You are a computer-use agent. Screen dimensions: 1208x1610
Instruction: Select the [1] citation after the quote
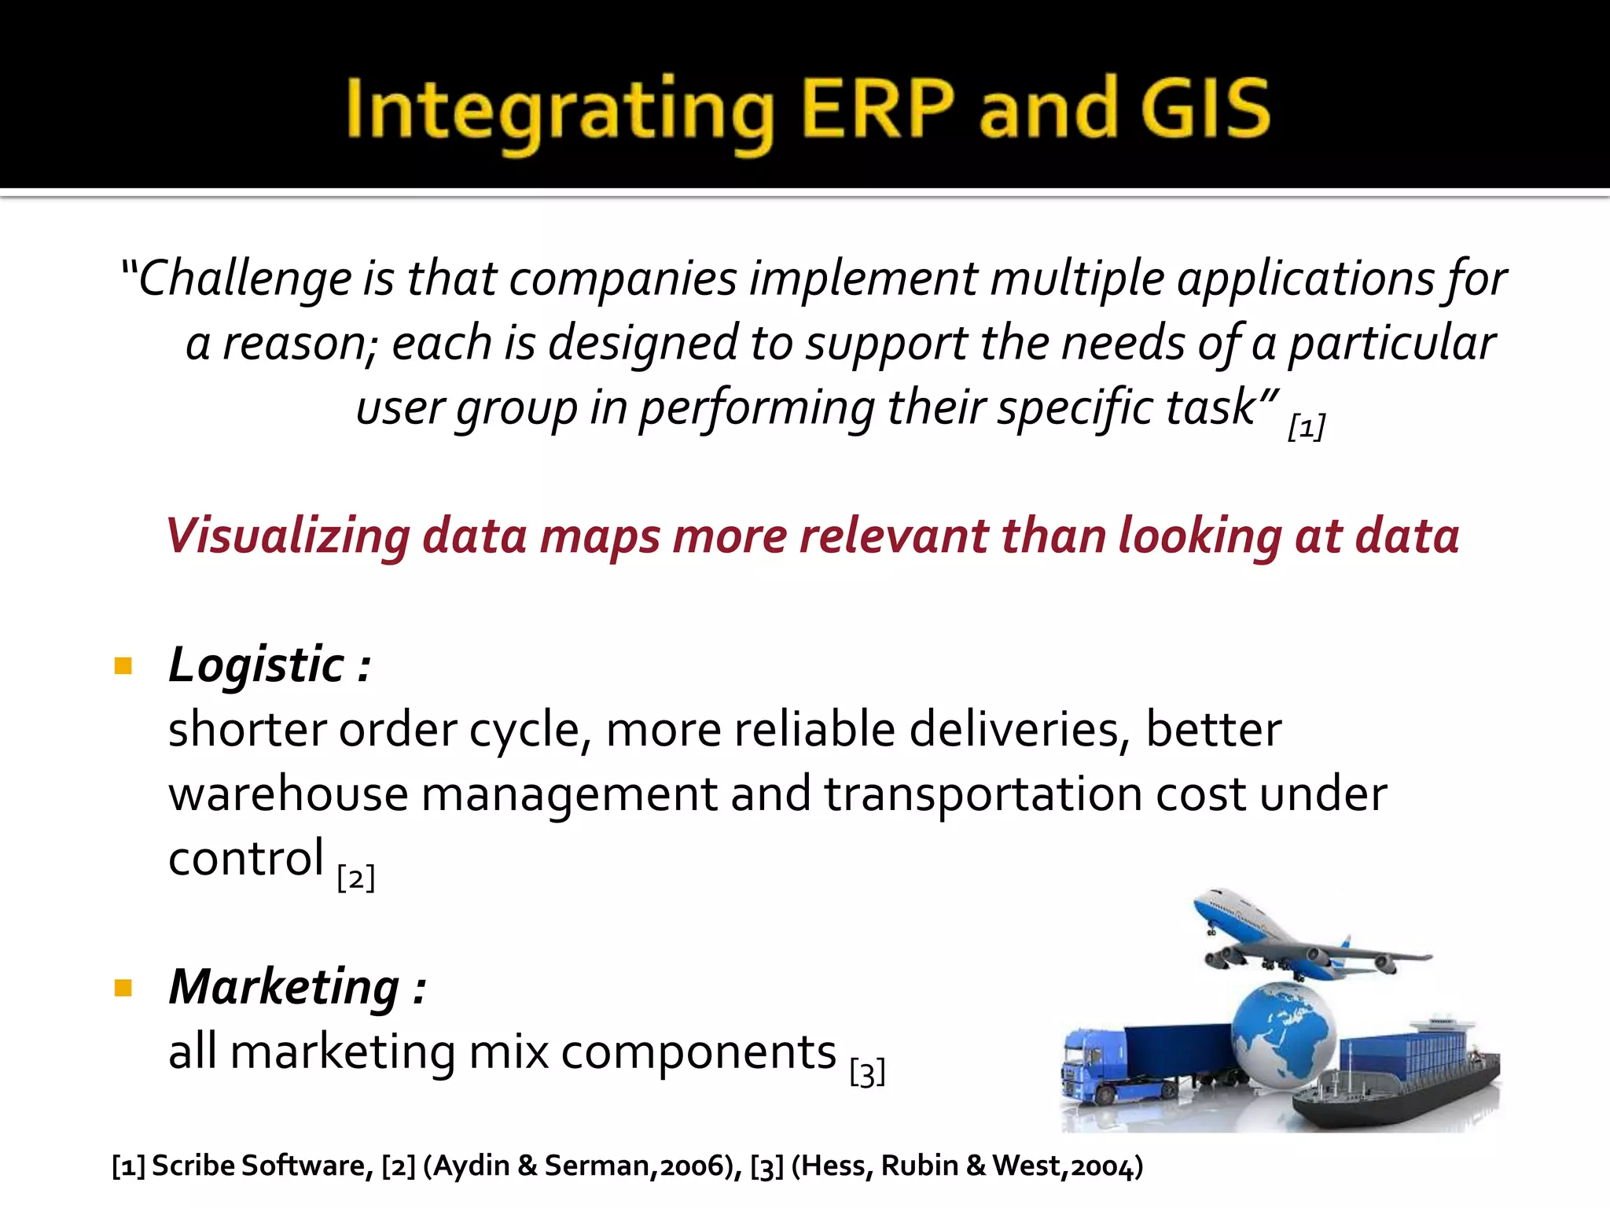pyautogui.click(x=1307, y=427)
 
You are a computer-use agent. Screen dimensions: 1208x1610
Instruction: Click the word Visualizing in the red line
pyautogui.click(x=288, y=537)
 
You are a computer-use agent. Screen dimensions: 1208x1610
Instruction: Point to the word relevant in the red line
pyautogui.click(x=893, y=537)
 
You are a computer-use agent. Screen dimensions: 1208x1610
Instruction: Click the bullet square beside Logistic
pyautogui.click(x=123, y=667)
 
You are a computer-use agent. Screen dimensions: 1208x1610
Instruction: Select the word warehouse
pyautogui.click(x=288, y=794)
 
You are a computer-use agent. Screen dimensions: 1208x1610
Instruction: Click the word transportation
pyautogui.click(x=983, y=794)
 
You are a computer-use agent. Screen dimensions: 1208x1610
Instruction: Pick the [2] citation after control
pyautogui.click(x=355, y=878)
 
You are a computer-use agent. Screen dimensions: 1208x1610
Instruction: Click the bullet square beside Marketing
pyautogui.click(x=123, y=988)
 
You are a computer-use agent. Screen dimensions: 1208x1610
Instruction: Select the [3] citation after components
pyautogui.click(x=867, y=1072)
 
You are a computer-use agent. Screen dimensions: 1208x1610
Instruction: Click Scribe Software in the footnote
pyautogui.click(x=259, y=1166)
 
